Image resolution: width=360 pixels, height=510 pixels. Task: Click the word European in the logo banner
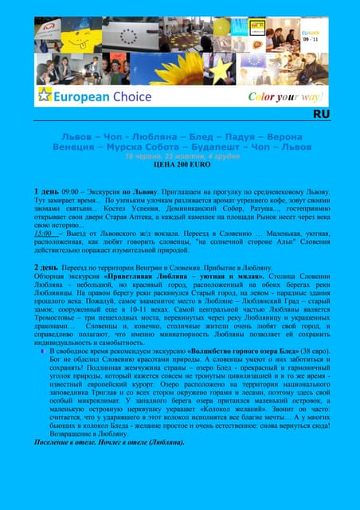(x=79, y=97)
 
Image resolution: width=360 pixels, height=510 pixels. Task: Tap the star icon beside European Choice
(x=44, y=96)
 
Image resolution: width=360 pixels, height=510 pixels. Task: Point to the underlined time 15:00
(x=45, y=233)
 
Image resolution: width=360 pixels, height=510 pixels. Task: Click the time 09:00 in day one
(x=69, y=193)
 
